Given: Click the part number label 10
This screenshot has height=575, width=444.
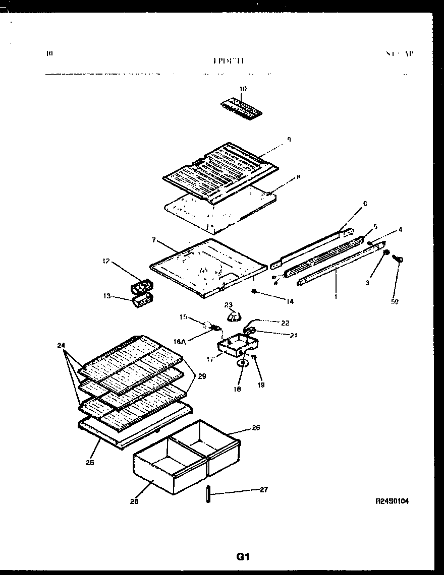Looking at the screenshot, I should tap(243, 89).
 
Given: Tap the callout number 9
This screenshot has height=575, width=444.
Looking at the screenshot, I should tap(289, 140).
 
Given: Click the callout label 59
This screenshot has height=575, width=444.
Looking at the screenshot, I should tap(395, 302).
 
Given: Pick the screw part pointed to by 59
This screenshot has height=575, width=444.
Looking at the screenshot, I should tap(398, 260).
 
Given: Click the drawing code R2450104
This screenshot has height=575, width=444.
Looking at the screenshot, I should tap(392, 501).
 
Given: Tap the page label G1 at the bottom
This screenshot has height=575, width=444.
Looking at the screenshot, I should tap(243, 557).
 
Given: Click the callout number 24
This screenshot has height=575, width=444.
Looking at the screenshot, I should tap(61, 346).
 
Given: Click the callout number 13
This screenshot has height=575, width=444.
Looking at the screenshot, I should tap(107, 296).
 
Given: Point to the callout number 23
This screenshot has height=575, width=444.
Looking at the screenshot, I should tap(229, 304).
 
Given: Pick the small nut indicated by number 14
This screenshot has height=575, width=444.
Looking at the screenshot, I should tap(255, 291).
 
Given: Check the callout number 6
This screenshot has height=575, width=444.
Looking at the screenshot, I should tap(365, 204).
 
